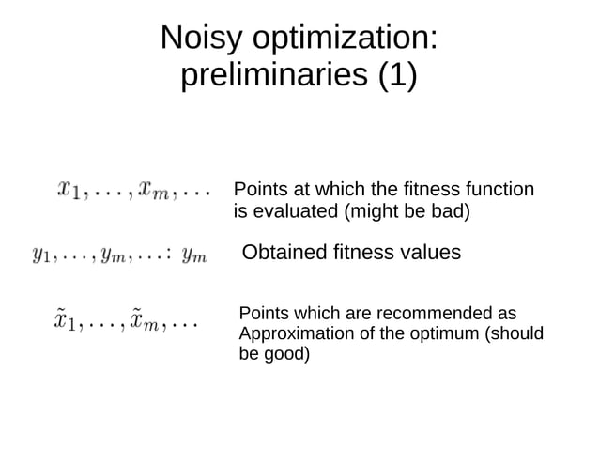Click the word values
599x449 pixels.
tap(427, 253)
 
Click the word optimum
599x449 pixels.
tap(441, 334)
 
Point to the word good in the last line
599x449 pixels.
tap(286, 355)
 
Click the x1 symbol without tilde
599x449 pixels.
tap(69, 190)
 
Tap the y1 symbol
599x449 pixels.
tap(41, 254)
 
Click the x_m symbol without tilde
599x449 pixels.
tap(149, 190)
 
